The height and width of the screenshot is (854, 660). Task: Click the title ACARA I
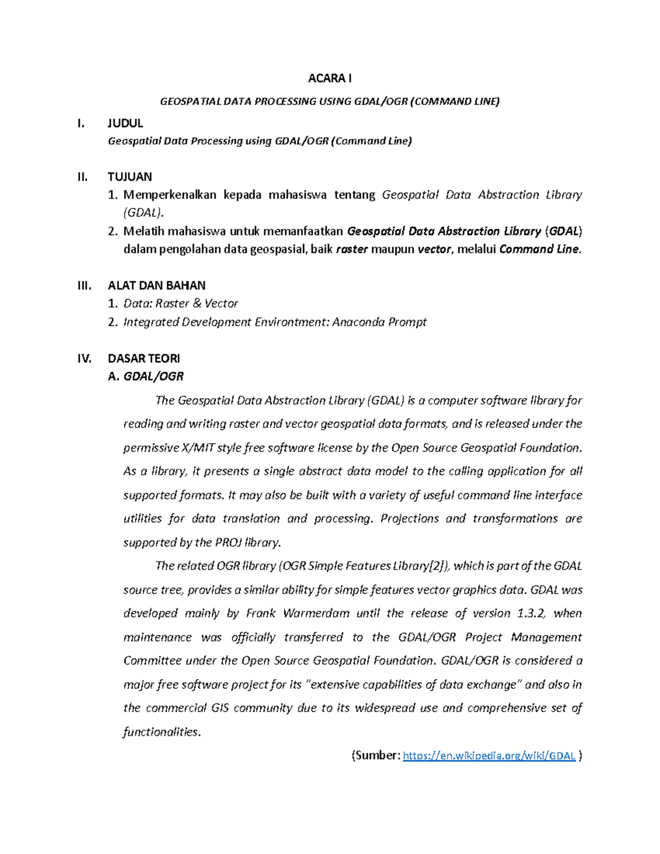coord(329,78)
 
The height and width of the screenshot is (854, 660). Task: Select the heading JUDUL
coord(125,123)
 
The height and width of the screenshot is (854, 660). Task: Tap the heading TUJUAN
coord(130,177)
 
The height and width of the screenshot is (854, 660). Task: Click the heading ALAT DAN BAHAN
coord(156,285)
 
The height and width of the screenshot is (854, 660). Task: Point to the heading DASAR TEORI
coord(144,359)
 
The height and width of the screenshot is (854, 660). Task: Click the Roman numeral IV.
coord(84,359)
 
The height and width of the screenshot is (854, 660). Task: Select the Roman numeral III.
coord(84,285)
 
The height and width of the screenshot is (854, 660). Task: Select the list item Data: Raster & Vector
coord(180,304)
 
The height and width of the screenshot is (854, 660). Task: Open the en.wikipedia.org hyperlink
coord(489,756)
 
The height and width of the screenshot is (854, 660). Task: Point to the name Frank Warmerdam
coord(298,613)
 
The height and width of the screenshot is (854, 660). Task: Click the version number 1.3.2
coord(531,613)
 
